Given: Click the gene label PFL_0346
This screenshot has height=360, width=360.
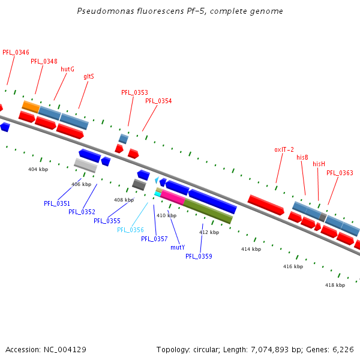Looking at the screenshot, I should pos(16,53).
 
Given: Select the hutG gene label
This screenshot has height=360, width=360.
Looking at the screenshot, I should pos(68,69).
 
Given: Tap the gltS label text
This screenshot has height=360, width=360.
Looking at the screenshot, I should pos(89,76).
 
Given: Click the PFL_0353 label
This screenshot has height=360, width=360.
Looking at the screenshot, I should pos(134,92).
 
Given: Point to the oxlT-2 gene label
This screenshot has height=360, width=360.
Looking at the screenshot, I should pos(284,149).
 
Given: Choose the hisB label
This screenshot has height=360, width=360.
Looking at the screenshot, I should pos(302,157).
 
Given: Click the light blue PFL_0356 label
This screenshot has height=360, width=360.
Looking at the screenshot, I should pos(130,230).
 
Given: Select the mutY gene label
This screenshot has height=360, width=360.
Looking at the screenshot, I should pos(178,247).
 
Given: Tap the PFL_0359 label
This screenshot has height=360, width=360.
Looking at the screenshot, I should pos(199,256).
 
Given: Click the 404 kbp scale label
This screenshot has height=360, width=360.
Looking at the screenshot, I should pos(38,169).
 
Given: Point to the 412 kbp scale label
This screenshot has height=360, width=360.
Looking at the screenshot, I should pos(209,232).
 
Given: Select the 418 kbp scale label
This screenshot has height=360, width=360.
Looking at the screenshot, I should pos(335,285).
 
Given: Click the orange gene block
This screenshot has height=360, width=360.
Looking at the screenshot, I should pos(31,107).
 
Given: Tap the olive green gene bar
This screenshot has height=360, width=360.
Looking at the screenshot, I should pos(208,212).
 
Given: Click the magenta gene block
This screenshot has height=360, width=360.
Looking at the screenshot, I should pos(173,197).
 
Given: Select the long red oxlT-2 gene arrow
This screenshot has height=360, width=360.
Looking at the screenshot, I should pos(266,205).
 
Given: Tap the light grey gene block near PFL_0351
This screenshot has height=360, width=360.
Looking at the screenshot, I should pos(85,165).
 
